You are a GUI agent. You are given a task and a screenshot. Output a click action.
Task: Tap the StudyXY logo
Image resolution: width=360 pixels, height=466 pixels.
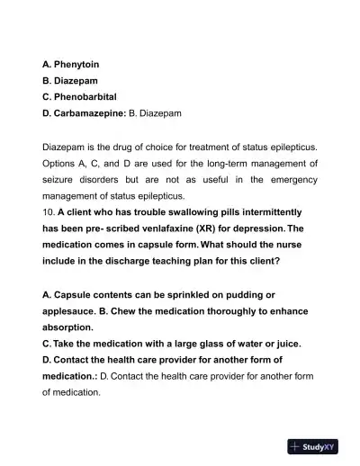(312, 446)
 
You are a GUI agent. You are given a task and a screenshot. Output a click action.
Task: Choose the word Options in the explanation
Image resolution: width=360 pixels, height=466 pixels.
(62, 164)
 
